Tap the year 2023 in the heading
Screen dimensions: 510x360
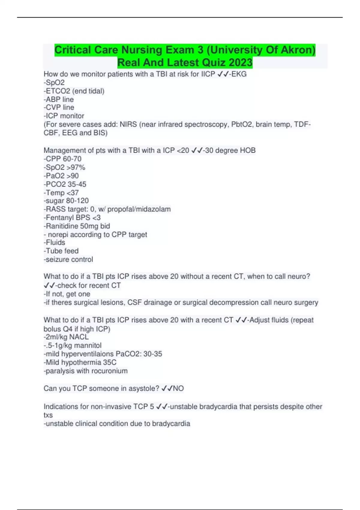(x=240, y=63)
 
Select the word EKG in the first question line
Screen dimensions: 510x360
(x=239, y=74)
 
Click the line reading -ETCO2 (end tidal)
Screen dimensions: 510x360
(x=74, y=91)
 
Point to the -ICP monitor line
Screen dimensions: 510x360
(x=64, y=116)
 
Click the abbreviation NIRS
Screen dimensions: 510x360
(x=128, y=124)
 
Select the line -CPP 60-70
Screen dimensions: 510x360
(x=62, y=159)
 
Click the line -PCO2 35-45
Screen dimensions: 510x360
(x=65, y=184)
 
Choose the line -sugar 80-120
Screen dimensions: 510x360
(x=66, y=201)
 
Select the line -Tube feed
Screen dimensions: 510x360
(x=61, y=251)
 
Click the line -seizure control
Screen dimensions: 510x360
(x=68, y=259)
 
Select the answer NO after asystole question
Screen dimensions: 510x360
(x=178, y=388)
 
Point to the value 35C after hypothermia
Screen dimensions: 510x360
(x=110, y=362)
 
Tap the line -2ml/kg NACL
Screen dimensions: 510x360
(x=66, y=337)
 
